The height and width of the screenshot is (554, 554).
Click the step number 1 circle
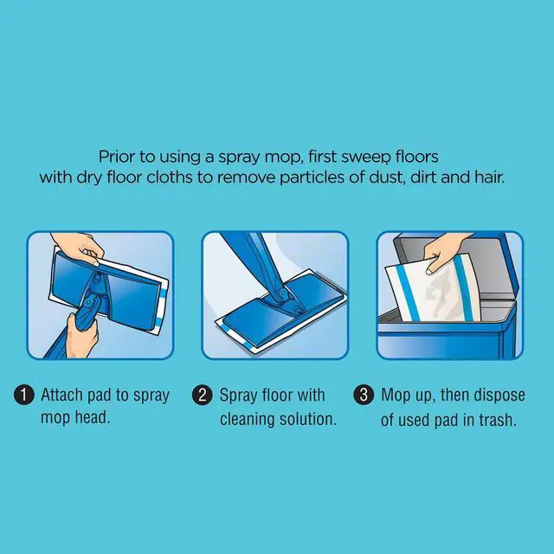(x=23, y=395)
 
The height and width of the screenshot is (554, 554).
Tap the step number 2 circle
(x=202, y=395)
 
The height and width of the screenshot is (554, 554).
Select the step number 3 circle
(x=364, y=395)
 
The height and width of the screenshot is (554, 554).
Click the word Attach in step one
(x=61, y=395)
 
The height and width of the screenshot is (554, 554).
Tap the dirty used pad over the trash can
(x=433, y=289)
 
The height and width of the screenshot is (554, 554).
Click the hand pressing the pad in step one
(x=79, y=248)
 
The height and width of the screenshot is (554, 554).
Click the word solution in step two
(x=308, y=419)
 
